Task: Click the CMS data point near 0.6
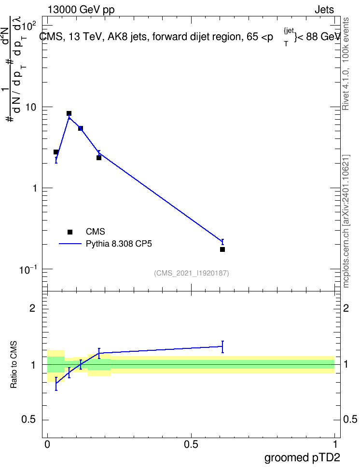222,249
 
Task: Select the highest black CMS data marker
69,113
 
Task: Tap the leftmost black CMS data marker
56,152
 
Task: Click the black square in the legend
70,232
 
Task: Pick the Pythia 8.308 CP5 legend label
119,244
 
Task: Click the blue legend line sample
70,244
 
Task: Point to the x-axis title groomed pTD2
302,458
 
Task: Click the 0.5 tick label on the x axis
191,444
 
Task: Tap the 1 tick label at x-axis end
334,444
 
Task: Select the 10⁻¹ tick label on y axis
28,270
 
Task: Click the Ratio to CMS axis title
14,365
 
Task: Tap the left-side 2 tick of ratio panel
32,308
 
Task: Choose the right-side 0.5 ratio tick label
350,419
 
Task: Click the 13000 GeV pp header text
81,10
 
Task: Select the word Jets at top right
324,10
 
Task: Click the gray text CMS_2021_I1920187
192,273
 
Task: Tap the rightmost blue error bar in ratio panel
222,346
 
